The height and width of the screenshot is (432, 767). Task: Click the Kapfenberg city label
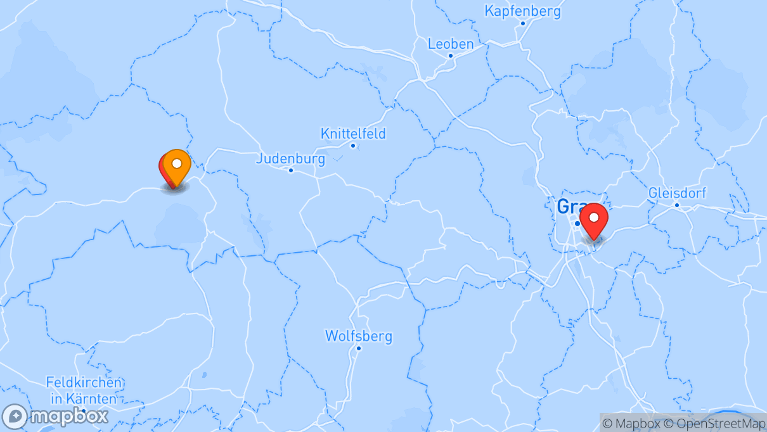coord(522,11)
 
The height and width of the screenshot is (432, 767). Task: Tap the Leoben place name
coord(451,44)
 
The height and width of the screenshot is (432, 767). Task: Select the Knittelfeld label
coord(353,134)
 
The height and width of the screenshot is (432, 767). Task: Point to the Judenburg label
coord(290,158)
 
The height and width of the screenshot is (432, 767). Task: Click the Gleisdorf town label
coord(677,193)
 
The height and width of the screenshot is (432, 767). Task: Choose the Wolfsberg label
coord(359,336)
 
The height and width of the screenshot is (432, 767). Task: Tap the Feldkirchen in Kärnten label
coord(84,390)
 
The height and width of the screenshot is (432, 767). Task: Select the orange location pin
coord(177,165)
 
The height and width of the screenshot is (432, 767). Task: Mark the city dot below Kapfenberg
coord(523,23)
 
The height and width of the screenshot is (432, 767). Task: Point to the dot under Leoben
coord(451,56)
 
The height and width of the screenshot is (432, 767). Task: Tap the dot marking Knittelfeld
coord(353,146)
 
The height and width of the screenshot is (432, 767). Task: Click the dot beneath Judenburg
coord(291,170)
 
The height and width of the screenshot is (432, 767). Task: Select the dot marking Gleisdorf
coord(677,205)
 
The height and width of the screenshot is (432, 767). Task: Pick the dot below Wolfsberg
coord(359,348)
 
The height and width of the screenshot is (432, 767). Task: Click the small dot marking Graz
coord(577,223)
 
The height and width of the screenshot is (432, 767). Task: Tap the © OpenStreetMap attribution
coord(711,423)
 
